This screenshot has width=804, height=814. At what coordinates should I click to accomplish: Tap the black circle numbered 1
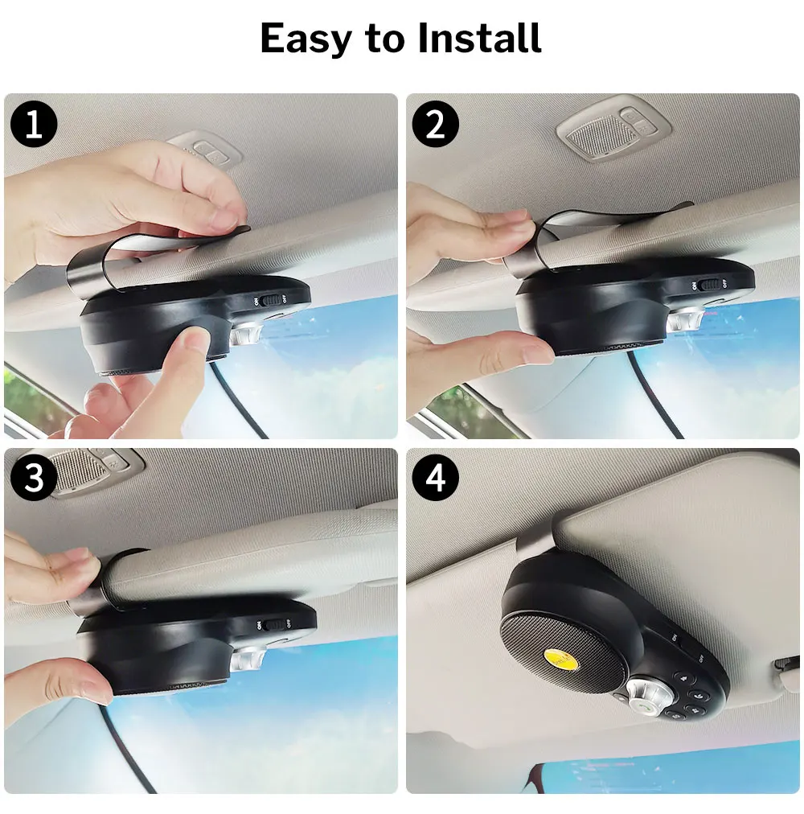tap(34, 125)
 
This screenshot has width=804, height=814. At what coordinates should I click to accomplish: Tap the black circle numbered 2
tap(435, 125)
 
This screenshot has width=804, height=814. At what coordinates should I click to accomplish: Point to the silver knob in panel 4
tap(642, 691)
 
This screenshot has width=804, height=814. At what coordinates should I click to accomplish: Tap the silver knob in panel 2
tap(684, 319)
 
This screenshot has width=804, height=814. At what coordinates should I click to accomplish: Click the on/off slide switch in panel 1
tap(271, 299)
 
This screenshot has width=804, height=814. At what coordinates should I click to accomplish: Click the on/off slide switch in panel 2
tap(708, 284)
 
